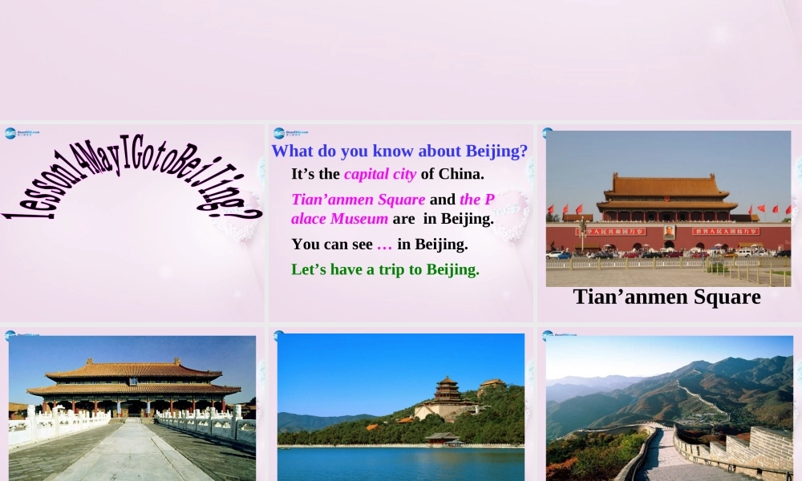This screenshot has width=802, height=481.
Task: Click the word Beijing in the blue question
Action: tap(496, 151)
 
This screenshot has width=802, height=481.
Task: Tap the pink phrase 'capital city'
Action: tap(380, 174)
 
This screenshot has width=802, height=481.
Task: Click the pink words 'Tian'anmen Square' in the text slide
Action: tap(358, 200)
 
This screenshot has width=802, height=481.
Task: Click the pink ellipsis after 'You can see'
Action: tap(384, 245)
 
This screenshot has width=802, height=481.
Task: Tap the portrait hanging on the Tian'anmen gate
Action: tap(669, 232)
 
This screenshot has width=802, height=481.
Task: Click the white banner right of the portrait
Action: tap(725, 231)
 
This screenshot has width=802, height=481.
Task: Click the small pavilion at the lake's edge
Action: tap(442, 438)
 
